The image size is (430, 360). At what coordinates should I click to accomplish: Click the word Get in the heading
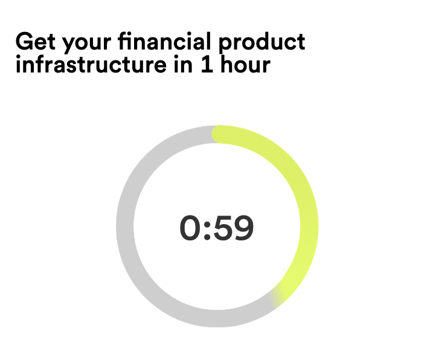pos(36,42)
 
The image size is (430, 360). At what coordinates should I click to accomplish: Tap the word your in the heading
pos(86,44)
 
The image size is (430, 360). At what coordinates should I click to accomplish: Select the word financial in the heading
pos(164,41)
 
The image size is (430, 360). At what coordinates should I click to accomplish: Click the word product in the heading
pos(262,43)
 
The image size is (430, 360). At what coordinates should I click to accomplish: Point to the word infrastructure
pos(91,64)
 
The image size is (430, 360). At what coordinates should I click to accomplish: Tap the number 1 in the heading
pos(207,64)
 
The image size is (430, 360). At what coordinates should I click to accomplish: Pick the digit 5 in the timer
pos(222,228)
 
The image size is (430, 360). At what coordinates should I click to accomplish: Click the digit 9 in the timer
pos(243,228)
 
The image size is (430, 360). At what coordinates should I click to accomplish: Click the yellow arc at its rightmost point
pos(309,227)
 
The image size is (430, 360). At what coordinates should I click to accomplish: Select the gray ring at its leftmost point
pos(125,227)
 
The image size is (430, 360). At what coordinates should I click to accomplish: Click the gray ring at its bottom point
pos(217,318)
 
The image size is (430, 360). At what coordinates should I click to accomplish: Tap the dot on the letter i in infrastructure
pos(19,57)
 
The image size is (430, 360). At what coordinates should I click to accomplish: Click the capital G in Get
pos(25,42)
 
